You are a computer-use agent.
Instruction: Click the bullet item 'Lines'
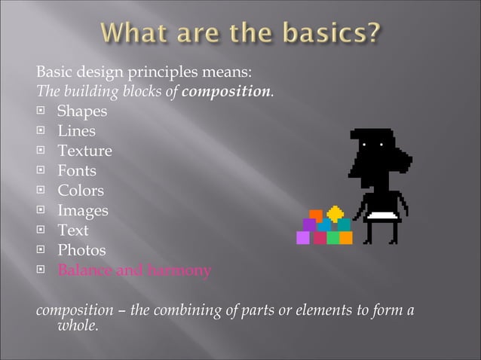(77, 131)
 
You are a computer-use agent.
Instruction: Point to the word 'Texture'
(85, 151)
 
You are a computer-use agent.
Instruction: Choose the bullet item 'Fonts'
(77, 171)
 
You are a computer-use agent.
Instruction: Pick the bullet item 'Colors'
(81, 191)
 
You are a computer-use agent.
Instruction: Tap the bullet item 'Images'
(83, 210)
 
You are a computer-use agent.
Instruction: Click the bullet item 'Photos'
(82, 250)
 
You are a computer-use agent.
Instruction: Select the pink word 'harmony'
(180, 270)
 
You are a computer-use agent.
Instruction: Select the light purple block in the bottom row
(303, 238)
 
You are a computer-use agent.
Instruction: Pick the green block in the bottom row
(332, 238)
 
